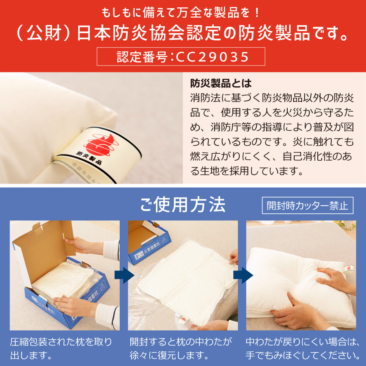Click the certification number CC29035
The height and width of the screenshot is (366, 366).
point(212,57)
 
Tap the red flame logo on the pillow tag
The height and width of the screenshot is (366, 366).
point(101,144)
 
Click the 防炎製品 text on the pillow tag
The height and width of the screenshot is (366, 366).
point(89,158)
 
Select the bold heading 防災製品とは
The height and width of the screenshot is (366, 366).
point(221,83)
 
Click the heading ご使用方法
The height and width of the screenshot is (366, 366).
point(183,205)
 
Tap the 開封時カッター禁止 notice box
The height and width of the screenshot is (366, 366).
point(307,205)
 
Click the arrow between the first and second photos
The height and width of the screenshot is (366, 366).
point(124,276)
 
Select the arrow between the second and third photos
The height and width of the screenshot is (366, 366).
point(243,276)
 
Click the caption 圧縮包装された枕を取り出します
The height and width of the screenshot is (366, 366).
point(61,349)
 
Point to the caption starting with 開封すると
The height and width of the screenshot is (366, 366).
point(181,349)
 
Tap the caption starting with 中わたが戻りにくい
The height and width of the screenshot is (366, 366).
point(303,349)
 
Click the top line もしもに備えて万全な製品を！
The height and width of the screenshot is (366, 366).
point(181,12)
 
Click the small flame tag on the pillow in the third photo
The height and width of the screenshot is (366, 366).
point(349,268)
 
